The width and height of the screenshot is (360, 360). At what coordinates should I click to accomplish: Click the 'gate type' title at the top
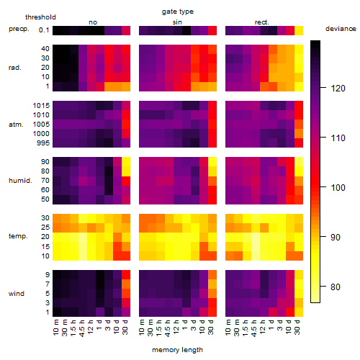pyautogui.click(x=178, y=12)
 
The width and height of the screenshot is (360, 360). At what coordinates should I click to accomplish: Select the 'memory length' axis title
pyautogui.click(x=177, y=350)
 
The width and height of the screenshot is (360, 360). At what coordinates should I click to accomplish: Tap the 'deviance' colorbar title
pyautogui.click(x=341, y=29)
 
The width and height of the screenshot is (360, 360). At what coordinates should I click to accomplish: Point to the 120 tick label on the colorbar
pyautogui.click(x=338, y=89)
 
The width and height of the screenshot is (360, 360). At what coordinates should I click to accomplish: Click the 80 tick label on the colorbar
pyautogui.click(x=336, y=287)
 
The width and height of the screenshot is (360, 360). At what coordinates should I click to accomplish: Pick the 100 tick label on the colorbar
pyautogui.click(x=338, y=187)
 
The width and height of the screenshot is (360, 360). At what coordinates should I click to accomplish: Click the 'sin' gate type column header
pyautogui.click(x=177, y=22)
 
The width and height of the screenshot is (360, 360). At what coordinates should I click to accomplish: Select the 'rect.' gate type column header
pyautogui.click(x=262, y=22)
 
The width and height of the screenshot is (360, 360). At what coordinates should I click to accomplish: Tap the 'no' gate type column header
pyautogui.click(x=93, y=22)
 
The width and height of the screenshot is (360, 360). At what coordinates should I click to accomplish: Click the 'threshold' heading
pyautogui.click(x=40, y=17)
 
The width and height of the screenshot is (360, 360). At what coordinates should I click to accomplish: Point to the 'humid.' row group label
pyautogui.click(x=20, y=181)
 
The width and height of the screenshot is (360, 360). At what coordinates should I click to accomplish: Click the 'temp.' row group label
pyautogui.click(x=18, y=236)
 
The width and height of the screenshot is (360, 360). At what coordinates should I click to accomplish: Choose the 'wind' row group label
pyautogui.click(x=17, y=294)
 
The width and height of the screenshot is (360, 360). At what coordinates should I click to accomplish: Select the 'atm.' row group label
pyautogui.click(x=16, y=125)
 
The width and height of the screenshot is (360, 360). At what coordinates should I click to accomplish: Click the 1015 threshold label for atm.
pyautogui.click(x=41, y=106)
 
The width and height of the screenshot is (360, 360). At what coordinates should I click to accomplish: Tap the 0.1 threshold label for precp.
pyautogui.click(x=44, y=30)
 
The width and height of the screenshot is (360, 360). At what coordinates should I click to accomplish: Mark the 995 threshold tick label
pyautogui.click(x=43, y=143)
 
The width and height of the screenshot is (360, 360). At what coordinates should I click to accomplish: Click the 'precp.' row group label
pyautogui.click(x=19, y=29)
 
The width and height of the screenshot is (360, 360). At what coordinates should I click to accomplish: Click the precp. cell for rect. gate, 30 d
pyautogui.click(x=299, y=30)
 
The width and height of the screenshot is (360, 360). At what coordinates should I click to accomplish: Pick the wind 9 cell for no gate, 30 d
pyautogui.click(x=126, y=274)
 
